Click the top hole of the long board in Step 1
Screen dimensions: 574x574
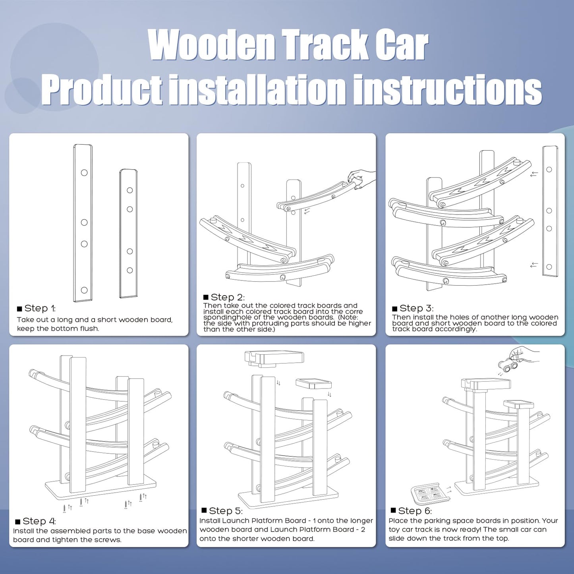(84, 172)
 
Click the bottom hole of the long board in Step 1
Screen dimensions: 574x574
(84, 290)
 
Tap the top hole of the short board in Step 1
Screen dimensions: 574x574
(129, 190)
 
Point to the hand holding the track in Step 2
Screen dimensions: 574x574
(361, 179)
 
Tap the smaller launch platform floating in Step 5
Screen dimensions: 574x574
(313, 384)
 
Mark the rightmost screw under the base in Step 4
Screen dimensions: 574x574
(141, 497)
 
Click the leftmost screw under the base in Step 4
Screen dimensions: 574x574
(65, 508)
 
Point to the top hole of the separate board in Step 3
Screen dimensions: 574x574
(549, 170)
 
